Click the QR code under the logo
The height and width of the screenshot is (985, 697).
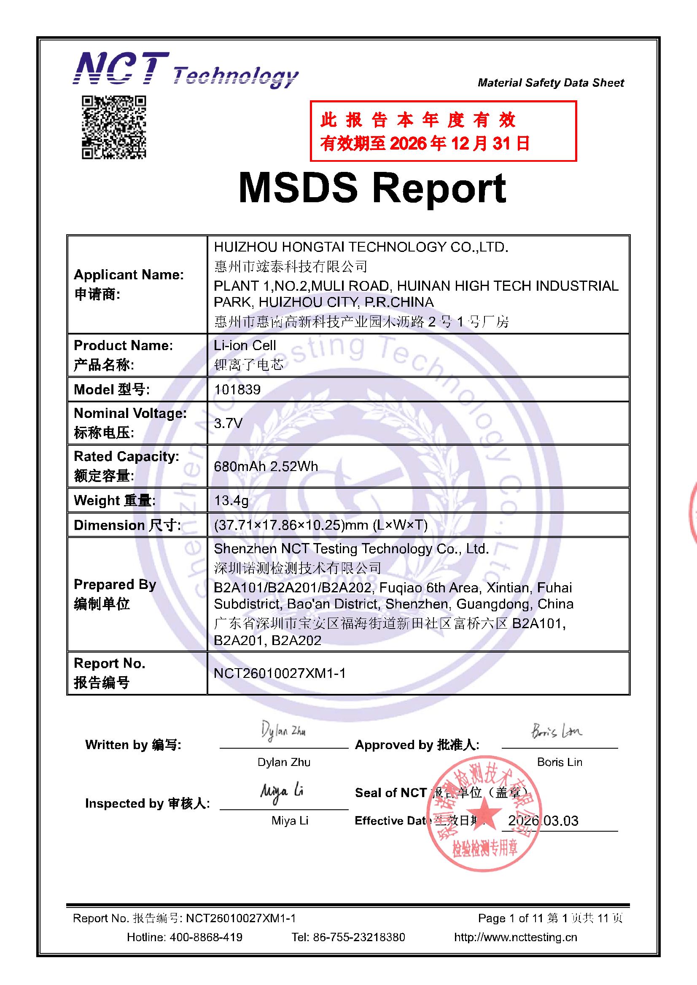[114, 127]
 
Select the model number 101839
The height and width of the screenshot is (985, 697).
[237, 390]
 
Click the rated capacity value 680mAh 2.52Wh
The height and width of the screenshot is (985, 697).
[266, 466]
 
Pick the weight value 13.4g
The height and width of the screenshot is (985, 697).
[231, 500]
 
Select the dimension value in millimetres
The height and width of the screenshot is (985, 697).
[320, 525]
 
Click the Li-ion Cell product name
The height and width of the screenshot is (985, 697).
[245, 345]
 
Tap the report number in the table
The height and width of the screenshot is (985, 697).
[280, 673]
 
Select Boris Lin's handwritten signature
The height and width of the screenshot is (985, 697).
[557, 731]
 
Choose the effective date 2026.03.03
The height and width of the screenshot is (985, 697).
[543, 821]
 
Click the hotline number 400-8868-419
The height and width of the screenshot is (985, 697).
[206, 937]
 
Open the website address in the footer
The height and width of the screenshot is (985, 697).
[515, 937]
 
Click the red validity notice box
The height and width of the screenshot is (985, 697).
[443, 131]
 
